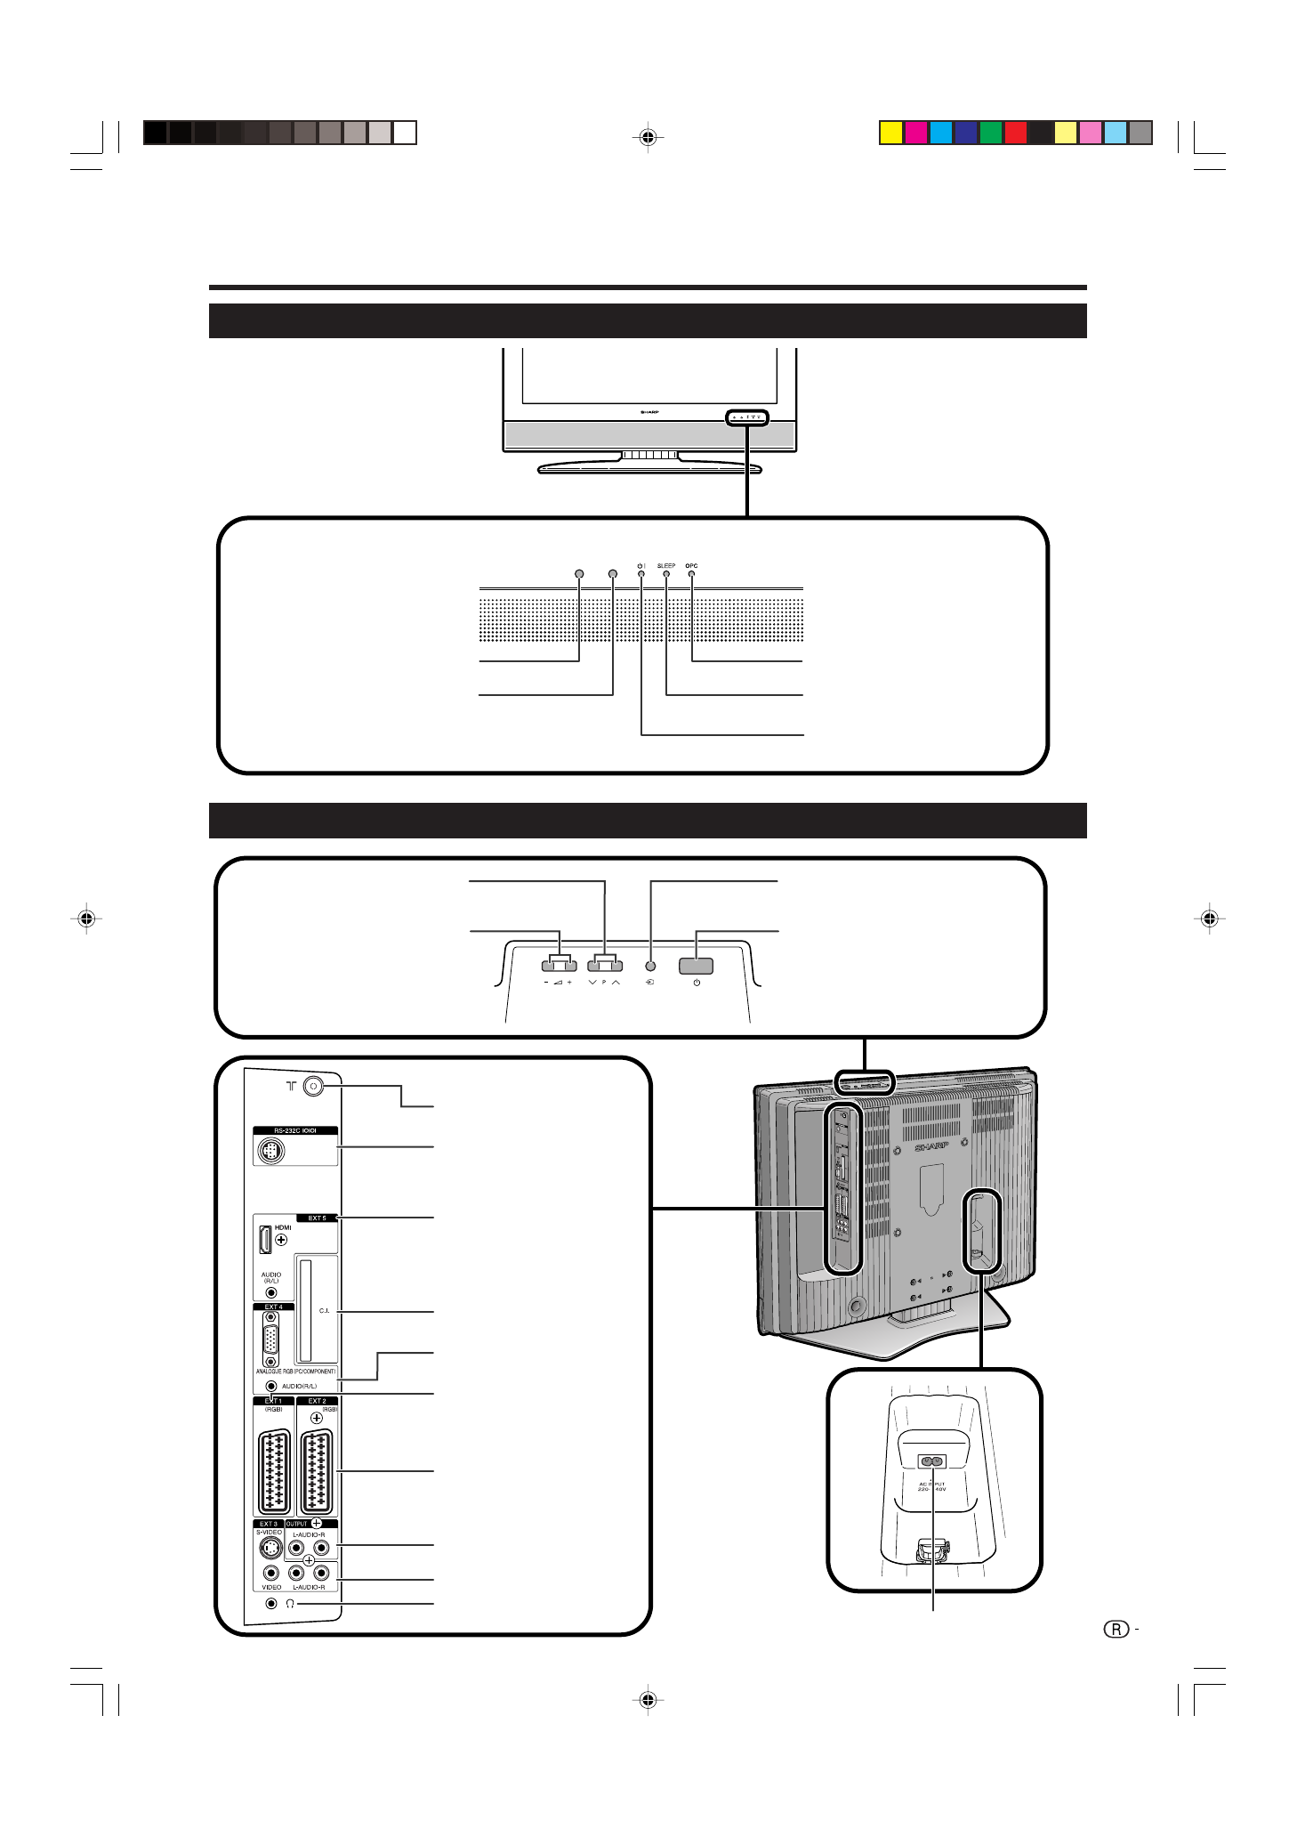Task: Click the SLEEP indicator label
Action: point(665,566)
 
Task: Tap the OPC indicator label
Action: point(691,566)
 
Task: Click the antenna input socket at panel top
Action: point(313,1086)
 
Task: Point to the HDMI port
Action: point(265,1239)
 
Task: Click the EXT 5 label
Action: point(317,1218)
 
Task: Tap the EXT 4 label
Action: point(273,1307)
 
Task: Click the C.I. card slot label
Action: point(324,1310)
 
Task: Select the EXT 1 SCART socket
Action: point(273,1472)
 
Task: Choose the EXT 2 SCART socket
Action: point(317,1472)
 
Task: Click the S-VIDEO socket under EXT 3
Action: point(270,1547)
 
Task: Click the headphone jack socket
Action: point(271,1603)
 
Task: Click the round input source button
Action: point(650,966)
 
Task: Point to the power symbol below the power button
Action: point(697,983)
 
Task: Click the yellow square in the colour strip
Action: point(890,133)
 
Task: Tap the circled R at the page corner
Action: point(1116,1630)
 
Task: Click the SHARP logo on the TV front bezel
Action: point(649,413)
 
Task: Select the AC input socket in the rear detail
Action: point(931,1461)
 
